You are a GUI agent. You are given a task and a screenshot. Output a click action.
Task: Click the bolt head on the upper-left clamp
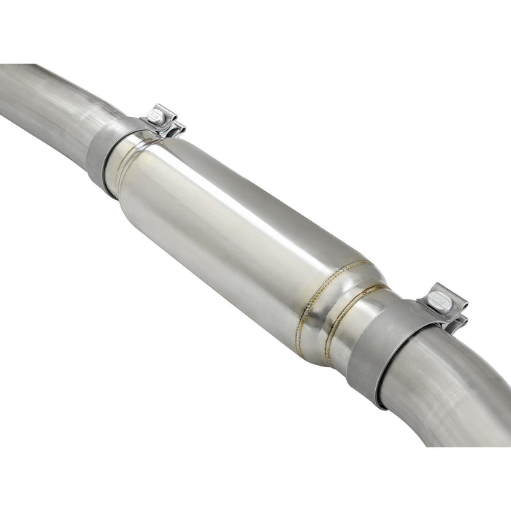point(155,115)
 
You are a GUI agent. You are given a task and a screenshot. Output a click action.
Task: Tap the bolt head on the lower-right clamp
point(437,297)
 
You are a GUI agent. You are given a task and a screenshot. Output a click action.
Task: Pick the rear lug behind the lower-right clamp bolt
point(458,321)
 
